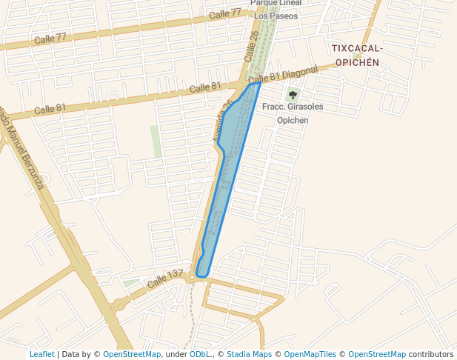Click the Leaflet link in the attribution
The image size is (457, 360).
(41, 354)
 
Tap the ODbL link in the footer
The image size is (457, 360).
(200, 354)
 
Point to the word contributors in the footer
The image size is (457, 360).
(432, 354)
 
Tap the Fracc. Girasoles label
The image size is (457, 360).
(293, 107)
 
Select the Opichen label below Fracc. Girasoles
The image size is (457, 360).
(292, 120)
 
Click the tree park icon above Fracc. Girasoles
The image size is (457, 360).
(293, 95)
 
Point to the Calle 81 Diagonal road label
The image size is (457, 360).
(283, 76)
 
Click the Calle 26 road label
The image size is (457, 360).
(253, 46)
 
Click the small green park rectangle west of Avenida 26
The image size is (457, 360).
(156, 141)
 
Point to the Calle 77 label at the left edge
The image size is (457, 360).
(50, 38)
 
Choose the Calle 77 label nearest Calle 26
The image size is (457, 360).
(225, 14)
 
